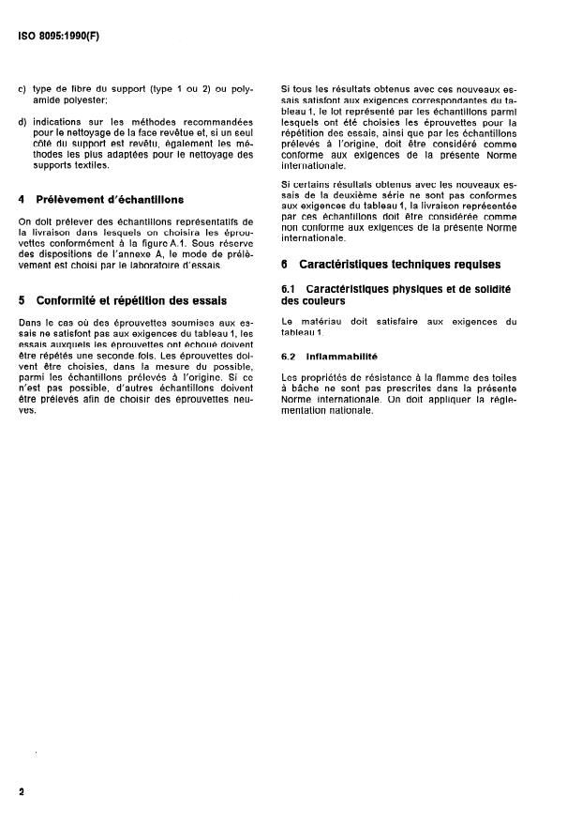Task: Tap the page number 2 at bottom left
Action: pos(21,791)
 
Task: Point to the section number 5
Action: pos(22,300)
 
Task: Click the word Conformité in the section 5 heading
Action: pos(71,300)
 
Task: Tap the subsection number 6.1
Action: pos(290,289)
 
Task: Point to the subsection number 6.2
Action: pos(290,357)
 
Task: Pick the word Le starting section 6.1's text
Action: pos(287,322)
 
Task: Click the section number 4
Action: pos(22,199)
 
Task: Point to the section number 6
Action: pos(284,265)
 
